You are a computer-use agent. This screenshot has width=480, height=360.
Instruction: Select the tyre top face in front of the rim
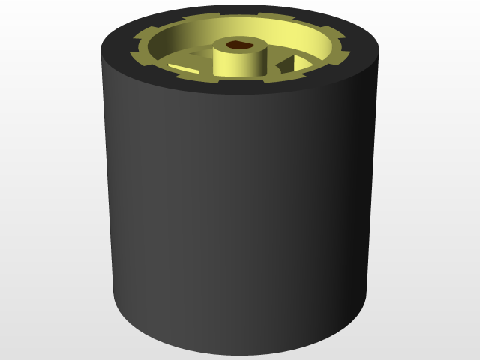tap(240, 88)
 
